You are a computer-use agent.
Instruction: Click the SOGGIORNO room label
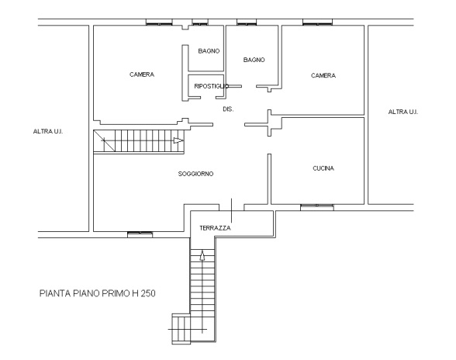(195, 174)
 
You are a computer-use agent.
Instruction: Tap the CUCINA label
(323, 168)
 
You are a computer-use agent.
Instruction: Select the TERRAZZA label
(215, 227)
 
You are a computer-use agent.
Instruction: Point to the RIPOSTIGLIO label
(206, 86)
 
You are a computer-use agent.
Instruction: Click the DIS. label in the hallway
(228, 109)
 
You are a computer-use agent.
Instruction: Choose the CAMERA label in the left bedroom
(142, 75)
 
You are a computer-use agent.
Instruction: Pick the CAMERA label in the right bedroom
(323, 76)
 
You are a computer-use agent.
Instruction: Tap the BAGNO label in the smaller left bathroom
(208, 51)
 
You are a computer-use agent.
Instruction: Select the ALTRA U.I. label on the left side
(48, 132)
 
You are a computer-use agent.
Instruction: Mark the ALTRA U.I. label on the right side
(402, 112)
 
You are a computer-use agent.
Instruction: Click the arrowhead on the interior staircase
(178, 140)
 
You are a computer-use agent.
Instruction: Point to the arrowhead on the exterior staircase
(202, 254)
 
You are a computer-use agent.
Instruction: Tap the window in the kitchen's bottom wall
(317, 206)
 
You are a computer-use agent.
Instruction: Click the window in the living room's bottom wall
(140, 233)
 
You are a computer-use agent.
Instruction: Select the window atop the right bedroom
(319, 22)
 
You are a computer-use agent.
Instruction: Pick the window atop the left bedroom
(159, 22)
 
